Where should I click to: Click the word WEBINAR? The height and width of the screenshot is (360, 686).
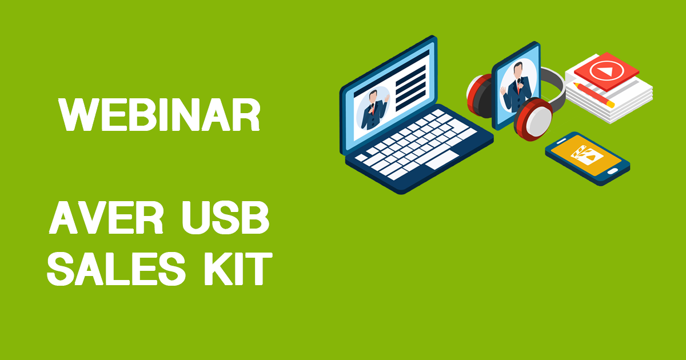pyautogui.click(x=159, y=115)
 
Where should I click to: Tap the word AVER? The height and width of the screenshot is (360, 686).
pyautogui.click(x=106, y=218)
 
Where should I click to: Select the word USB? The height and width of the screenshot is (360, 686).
pyautogui.click(x=226, y=218)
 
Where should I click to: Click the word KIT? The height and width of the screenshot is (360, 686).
pyautogui.click(x=238, y=269)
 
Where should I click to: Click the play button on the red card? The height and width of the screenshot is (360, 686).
pyautogui.click(x=607, y=71)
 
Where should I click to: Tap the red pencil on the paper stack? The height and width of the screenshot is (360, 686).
pyautogui.click(x=594, y=95)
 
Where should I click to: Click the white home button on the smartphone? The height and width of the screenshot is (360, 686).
pyautogui.click(x=613, y=171)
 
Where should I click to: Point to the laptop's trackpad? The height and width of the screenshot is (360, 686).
pyautogui.click(x=442, y=160)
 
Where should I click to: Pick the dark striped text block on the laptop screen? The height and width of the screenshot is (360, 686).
pyautogui.click(x=410, y=88)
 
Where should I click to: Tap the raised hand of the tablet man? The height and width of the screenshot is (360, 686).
pyautogui.click(x=504, y=90)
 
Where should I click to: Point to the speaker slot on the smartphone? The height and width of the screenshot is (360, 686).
pyautogui.click(x=561, y=141)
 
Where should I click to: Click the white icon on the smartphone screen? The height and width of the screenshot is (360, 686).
pyautogui.click(x=587, y=155)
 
